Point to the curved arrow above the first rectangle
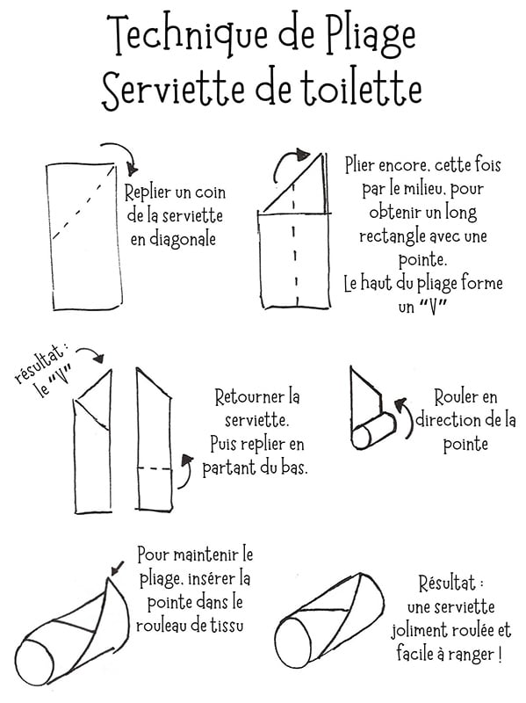coord(119,156)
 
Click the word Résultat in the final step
coord(450,583)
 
